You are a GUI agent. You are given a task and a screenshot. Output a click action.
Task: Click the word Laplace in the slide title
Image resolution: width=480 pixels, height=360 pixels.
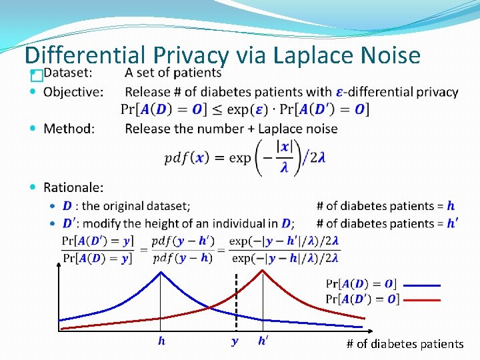click(288, 55)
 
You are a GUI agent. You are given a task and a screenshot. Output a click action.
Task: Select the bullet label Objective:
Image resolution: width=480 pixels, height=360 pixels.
click(73, 92)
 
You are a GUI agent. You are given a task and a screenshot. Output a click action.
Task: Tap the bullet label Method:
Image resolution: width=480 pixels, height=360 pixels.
click(69, 128)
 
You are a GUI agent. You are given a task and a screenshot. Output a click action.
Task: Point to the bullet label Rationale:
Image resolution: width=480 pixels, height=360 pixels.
click(73, 189)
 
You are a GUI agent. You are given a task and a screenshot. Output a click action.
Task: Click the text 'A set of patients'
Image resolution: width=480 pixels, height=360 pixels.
click(173, 73)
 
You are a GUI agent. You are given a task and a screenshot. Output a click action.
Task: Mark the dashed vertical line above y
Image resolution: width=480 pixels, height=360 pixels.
click(235, 300)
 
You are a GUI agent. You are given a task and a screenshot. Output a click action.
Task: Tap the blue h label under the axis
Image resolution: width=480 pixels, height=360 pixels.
click(161, 341)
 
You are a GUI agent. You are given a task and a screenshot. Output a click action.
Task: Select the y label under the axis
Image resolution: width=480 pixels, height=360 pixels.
click(235, 341)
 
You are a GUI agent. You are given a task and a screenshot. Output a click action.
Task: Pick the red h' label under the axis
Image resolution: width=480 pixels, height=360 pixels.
click(264, 341)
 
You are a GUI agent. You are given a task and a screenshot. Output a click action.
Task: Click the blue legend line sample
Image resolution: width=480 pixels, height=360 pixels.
click(421, 285)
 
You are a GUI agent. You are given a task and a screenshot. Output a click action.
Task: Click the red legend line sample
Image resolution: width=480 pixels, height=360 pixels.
click(421, 300)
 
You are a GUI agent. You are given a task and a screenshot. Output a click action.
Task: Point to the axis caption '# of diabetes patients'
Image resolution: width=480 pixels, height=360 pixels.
click(405, 344)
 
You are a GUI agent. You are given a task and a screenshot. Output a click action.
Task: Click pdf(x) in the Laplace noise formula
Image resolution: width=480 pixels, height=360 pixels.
click(186, 158)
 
